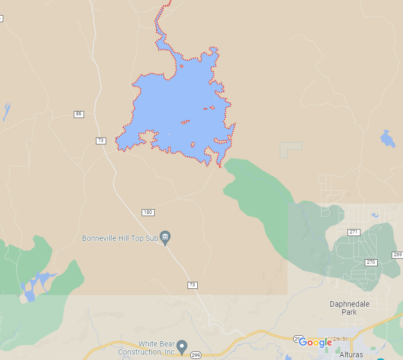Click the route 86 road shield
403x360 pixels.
coord(79,114)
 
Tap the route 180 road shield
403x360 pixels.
coord(148,212)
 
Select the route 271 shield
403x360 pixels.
coord(353,232)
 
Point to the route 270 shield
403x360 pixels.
coord(371,262)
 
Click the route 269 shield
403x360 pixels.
coord(398,255)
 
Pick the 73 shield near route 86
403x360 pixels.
coord(101,141)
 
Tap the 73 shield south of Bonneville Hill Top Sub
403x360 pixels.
coord(192,285)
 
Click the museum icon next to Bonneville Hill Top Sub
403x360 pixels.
coord(165,237)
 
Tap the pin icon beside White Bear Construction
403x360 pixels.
coord(182,345)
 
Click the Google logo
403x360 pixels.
coord(315,343)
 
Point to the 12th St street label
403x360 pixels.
coord(341,338)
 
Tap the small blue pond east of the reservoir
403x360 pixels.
coord(387,139)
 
